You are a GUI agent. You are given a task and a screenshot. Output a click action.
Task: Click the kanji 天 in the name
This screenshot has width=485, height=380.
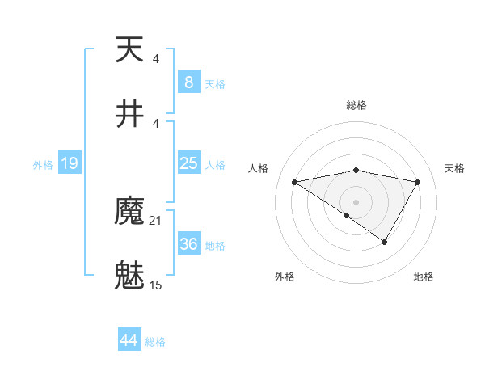pyautogui.click(x=129, y=50)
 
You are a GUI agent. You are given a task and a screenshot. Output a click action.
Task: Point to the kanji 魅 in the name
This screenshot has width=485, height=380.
pyautogui.click(x=129, y=275)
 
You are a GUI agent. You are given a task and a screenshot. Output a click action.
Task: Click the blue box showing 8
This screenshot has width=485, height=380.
pyautogui.click(x=188, y=82)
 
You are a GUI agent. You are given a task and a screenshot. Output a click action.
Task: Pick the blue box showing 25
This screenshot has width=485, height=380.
pyautogui.click(x=188, y=163)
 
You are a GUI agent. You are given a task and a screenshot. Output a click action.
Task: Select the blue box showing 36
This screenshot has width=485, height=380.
pyautogui.click(x=188, y=244)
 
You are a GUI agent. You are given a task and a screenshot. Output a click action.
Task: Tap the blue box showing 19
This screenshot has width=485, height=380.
pyautogui.click(x=69, y=163)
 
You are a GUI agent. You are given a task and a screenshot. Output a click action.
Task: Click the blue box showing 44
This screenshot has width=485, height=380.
pyautogui.click(x=129, y=340)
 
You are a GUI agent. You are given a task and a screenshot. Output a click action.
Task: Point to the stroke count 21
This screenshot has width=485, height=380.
pyautogui.click(x=156, y=221)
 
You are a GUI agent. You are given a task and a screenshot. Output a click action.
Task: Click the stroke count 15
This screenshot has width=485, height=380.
pyautogui.click(x=156, y=285)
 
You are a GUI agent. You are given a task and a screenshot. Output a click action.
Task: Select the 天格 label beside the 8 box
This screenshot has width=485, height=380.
pyautogui.click(x=215, y=84)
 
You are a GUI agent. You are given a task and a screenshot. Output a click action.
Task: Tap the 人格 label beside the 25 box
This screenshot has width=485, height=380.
pyautogui.click(x=215, y=165)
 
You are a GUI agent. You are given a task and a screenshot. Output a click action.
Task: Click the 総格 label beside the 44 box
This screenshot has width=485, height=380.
pyautogui.click(x=155, y=342)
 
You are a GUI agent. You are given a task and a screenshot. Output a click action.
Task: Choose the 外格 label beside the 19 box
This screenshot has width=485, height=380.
pyautogui.click(x=43, y=165)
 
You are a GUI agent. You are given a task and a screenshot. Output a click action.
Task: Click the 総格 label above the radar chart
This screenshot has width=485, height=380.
pyautogui.click(x=356, y=105)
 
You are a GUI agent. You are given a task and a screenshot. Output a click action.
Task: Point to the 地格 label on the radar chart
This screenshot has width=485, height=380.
pyautogui.click(x=424, y=277)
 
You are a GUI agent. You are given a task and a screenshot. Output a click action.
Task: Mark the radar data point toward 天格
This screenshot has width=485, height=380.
pyautogui.click(x=418, y=182)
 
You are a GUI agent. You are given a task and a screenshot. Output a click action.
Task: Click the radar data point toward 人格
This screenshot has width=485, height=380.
pyautogui.click(x=295, y=182)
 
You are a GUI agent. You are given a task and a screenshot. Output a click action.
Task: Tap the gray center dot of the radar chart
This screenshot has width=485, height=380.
pyautogui.click(x=356, y=201)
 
